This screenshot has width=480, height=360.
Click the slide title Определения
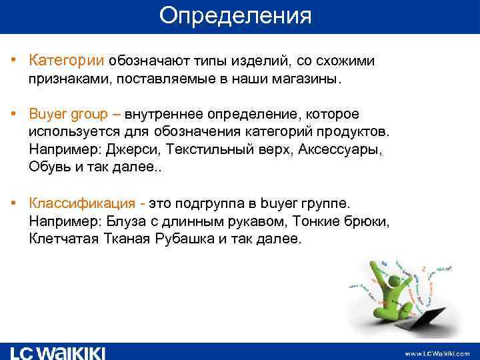pyautogui.click(x=235, y=16)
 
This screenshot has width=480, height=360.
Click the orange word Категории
pyautogui.click(x=66, y=61)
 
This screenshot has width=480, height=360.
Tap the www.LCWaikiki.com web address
pyautogui.click(x=437, y=353)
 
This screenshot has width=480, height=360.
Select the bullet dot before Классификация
pyautogui.click(x=13, y=201)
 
